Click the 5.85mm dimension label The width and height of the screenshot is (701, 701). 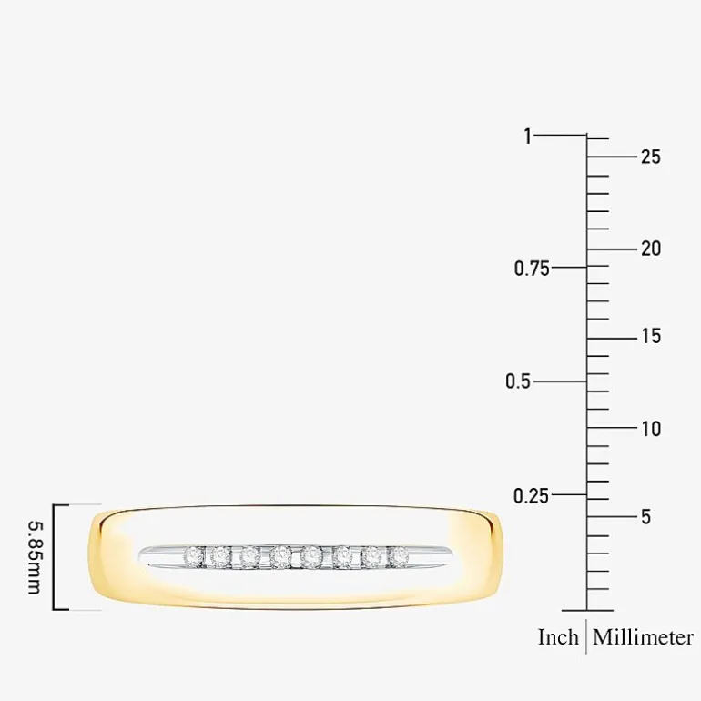point(35,557)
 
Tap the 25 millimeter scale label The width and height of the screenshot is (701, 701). point(651,157)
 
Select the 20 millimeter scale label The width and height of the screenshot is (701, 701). point(651,249)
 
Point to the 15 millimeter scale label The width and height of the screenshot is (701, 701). point(651,336)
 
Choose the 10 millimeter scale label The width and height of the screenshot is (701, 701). point(651,429)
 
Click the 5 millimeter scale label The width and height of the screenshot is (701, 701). point(646,517)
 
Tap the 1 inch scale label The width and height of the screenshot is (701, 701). point(528,136)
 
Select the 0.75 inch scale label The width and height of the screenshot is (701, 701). point(532,269)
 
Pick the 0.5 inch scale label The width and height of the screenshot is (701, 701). point(518,381)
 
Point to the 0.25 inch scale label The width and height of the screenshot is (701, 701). point(531,496)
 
